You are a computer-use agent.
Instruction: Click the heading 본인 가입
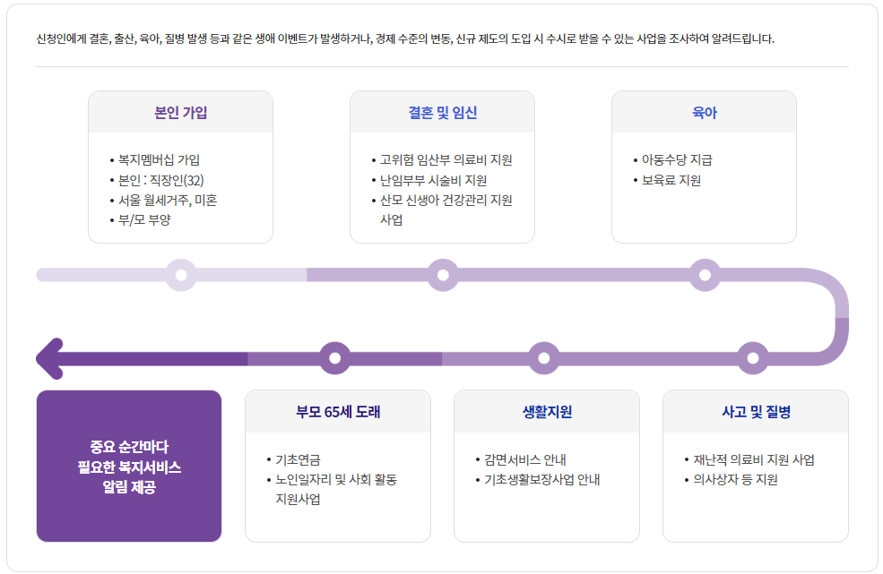tap(180, 113)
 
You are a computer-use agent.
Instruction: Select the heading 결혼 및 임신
tap(442, 113)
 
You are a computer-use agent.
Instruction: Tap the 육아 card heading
tap(704, 113)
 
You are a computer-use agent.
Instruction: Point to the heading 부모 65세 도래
tap(338, 413)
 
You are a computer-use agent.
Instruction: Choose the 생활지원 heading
tap(547, 413)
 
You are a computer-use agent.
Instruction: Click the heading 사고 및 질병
tap(756, 413)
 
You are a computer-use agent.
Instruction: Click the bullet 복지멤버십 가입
tap(160, 160)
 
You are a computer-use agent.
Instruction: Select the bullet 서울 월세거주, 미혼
tap(168, 200)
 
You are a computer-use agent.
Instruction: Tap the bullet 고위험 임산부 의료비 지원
tap(446, 160)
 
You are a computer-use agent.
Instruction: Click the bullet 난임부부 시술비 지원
tap(433, 180)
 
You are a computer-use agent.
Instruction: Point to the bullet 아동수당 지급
tap(677, 160)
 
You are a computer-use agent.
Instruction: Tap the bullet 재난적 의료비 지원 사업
tap(753, 459)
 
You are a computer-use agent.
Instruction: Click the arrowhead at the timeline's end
tap(49, 358)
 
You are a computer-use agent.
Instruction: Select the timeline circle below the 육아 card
tap(705, 275)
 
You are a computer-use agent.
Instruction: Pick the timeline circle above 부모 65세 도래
tap(335, 358)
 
